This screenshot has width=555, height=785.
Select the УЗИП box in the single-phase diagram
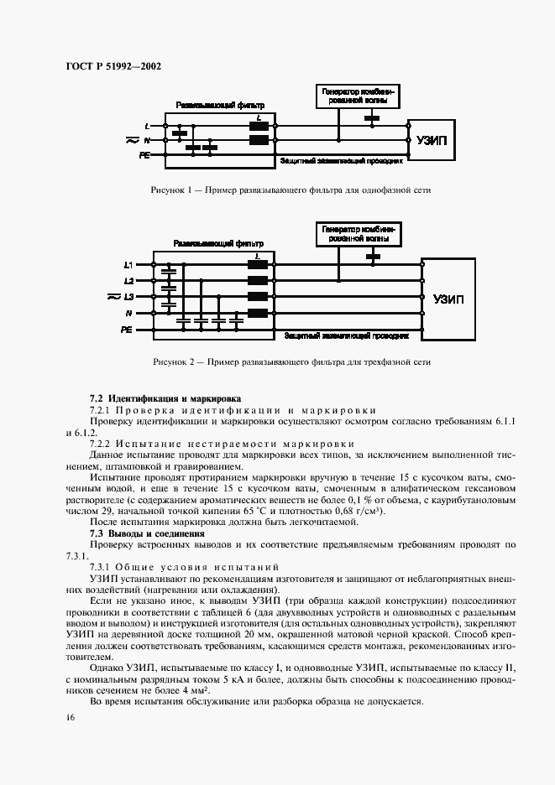432,140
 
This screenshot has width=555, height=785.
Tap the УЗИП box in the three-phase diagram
453,298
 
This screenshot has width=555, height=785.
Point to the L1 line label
129,265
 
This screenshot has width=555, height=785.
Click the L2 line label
129,280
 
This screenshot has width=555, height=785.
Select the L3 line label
129,297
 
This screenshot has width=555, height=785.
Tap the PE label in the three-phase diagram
127,330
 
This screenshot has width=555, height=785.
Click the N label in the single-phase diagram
147,141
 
